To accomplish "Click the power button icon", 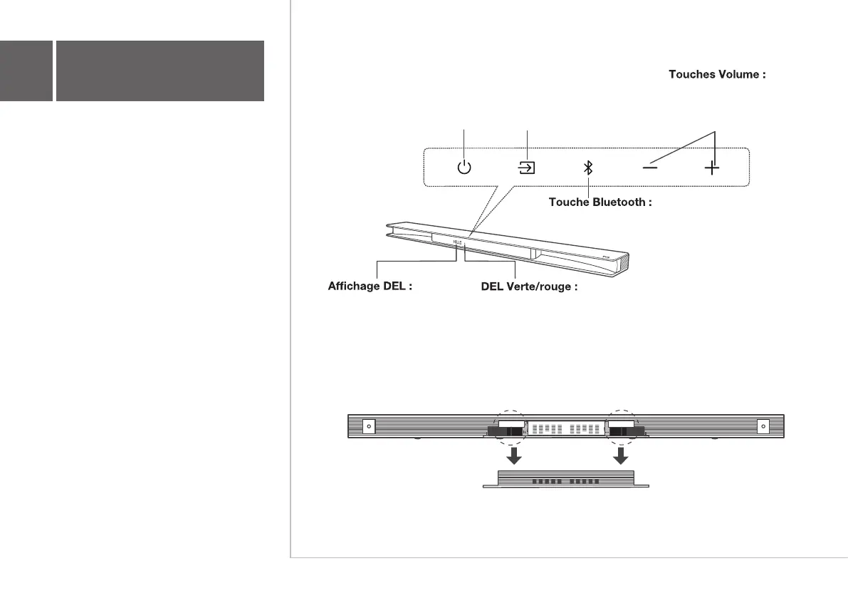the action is [x=464, y=168].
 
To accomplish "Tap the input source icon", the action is [x=526, y=168].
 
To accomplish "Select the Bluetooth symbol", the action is [x=588, y=168].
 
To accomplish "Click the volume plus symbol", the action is [x=711, y=168].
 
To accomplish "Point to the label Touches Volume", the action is [x=717, y=74].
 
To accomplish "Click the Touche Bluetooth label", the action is [x=600, y=202].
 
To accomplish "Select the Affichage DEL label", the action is [x=370, y=288].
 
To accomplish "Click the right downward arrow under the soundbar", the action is [x=622, y=455].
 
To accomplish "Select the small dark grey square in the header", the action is [x=26, y=71].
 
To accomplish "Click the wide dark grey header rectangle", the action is [x=160, y=71].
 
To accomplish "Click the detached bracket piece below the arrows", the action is [x=567, y=480].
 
